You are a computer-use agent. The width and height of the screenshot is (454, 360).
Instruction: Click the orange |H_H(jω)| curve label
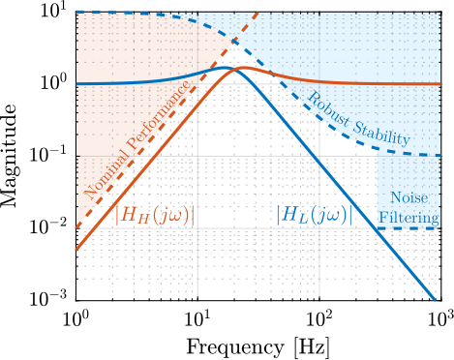pos(154,215)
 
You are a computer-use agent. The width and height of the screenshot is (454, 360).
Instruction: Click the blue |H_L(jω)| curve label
pos(310,215)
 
